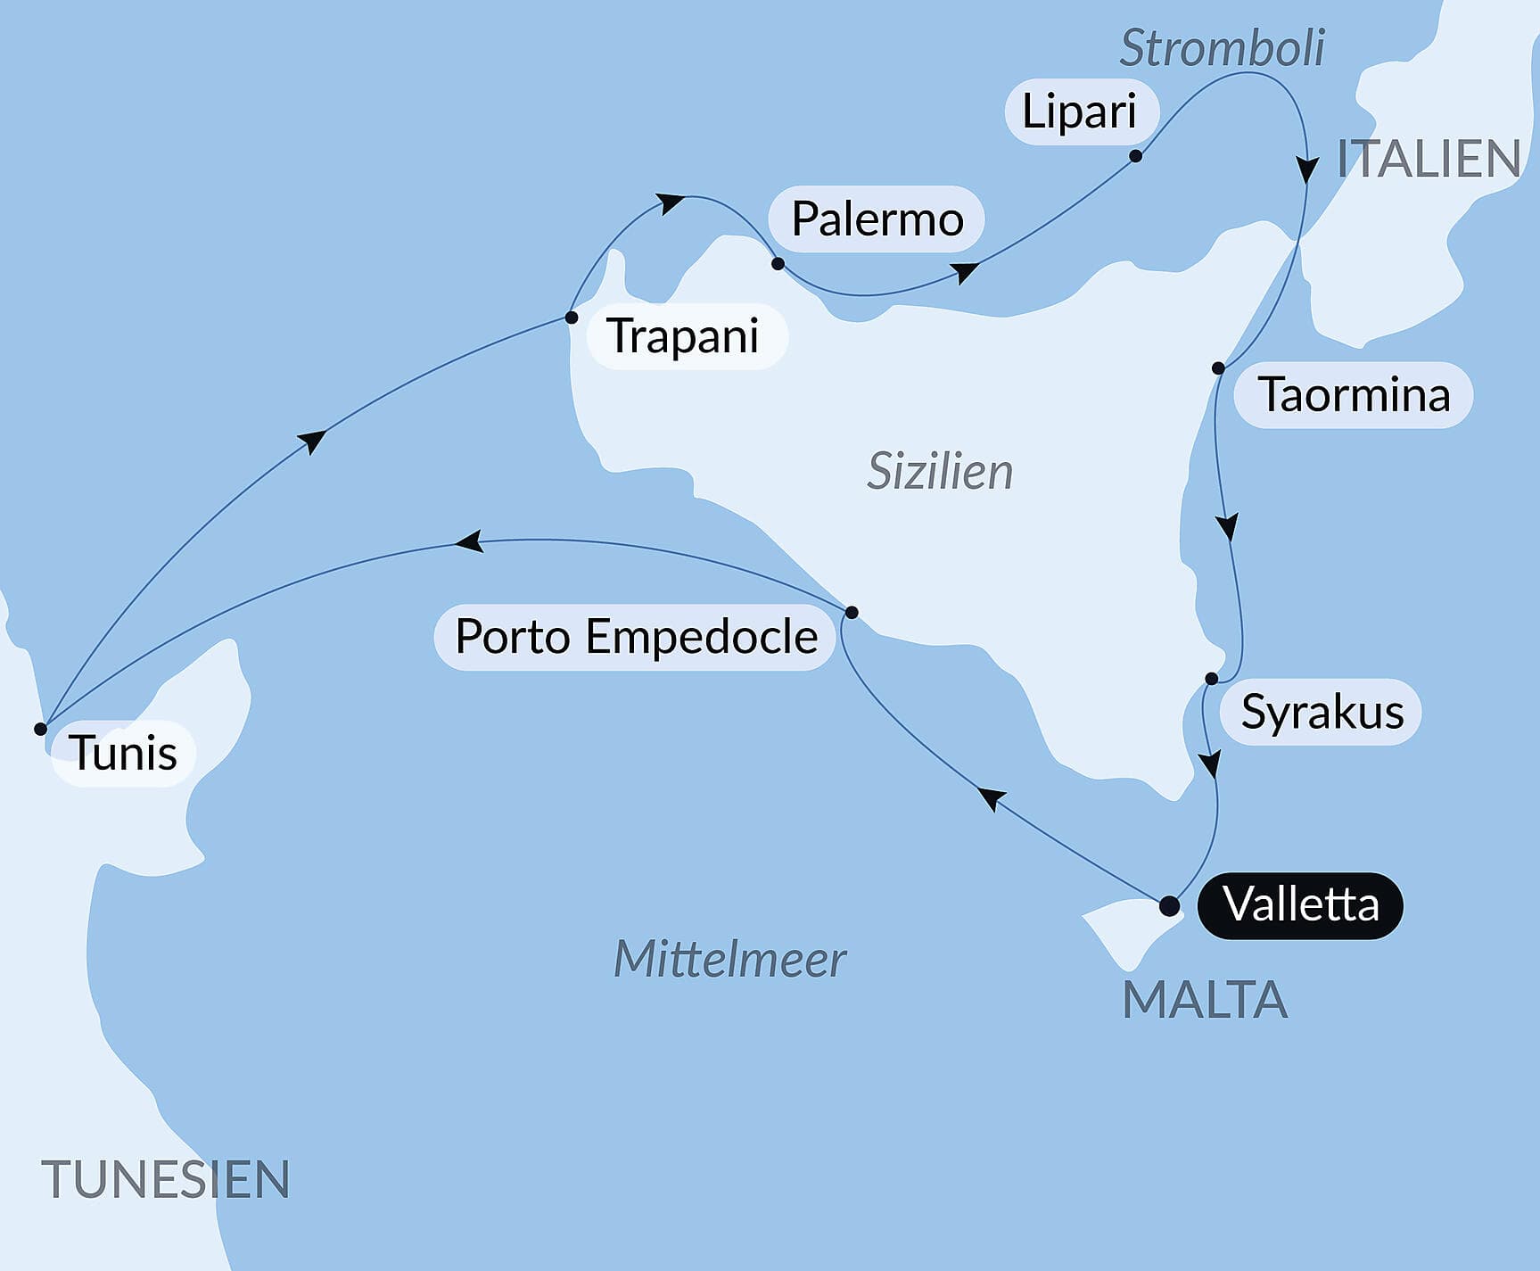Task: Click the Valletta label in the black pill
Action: pos(1300,905)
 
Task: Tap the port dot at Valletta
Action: pos(1169,907)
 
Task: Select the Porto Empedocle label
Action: pos(635,637)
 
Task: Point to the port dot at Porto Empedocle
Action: pos(852,612)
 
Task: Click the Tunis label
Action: pos(123,753)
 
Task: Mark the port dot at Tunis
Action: pos(40,729)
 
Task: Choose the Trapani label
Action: pos(683,336)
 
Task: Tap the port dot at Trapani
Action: pos(572,318)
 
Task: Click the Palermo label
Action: pos(877,219)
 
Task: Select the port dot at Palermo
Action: pos(778,264)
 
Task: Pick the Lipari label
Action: pos(1079,111)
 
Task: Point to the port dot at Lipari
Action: pos(1135,156)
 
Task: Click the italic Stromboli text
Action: pos(1222,47)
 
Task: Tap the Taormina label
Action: pos(1353,395)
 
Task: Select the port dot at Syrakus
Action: pos(1211,679)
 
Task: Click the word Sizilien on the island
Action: pos(940,471)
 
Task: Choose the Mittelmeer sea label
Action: pos(729,960)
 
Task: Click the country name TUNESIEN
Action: pos(166,1179)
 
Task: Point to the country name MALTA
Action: pos(1205,999)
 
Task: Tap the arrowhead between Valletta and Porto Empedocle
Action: pos(992,797)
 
